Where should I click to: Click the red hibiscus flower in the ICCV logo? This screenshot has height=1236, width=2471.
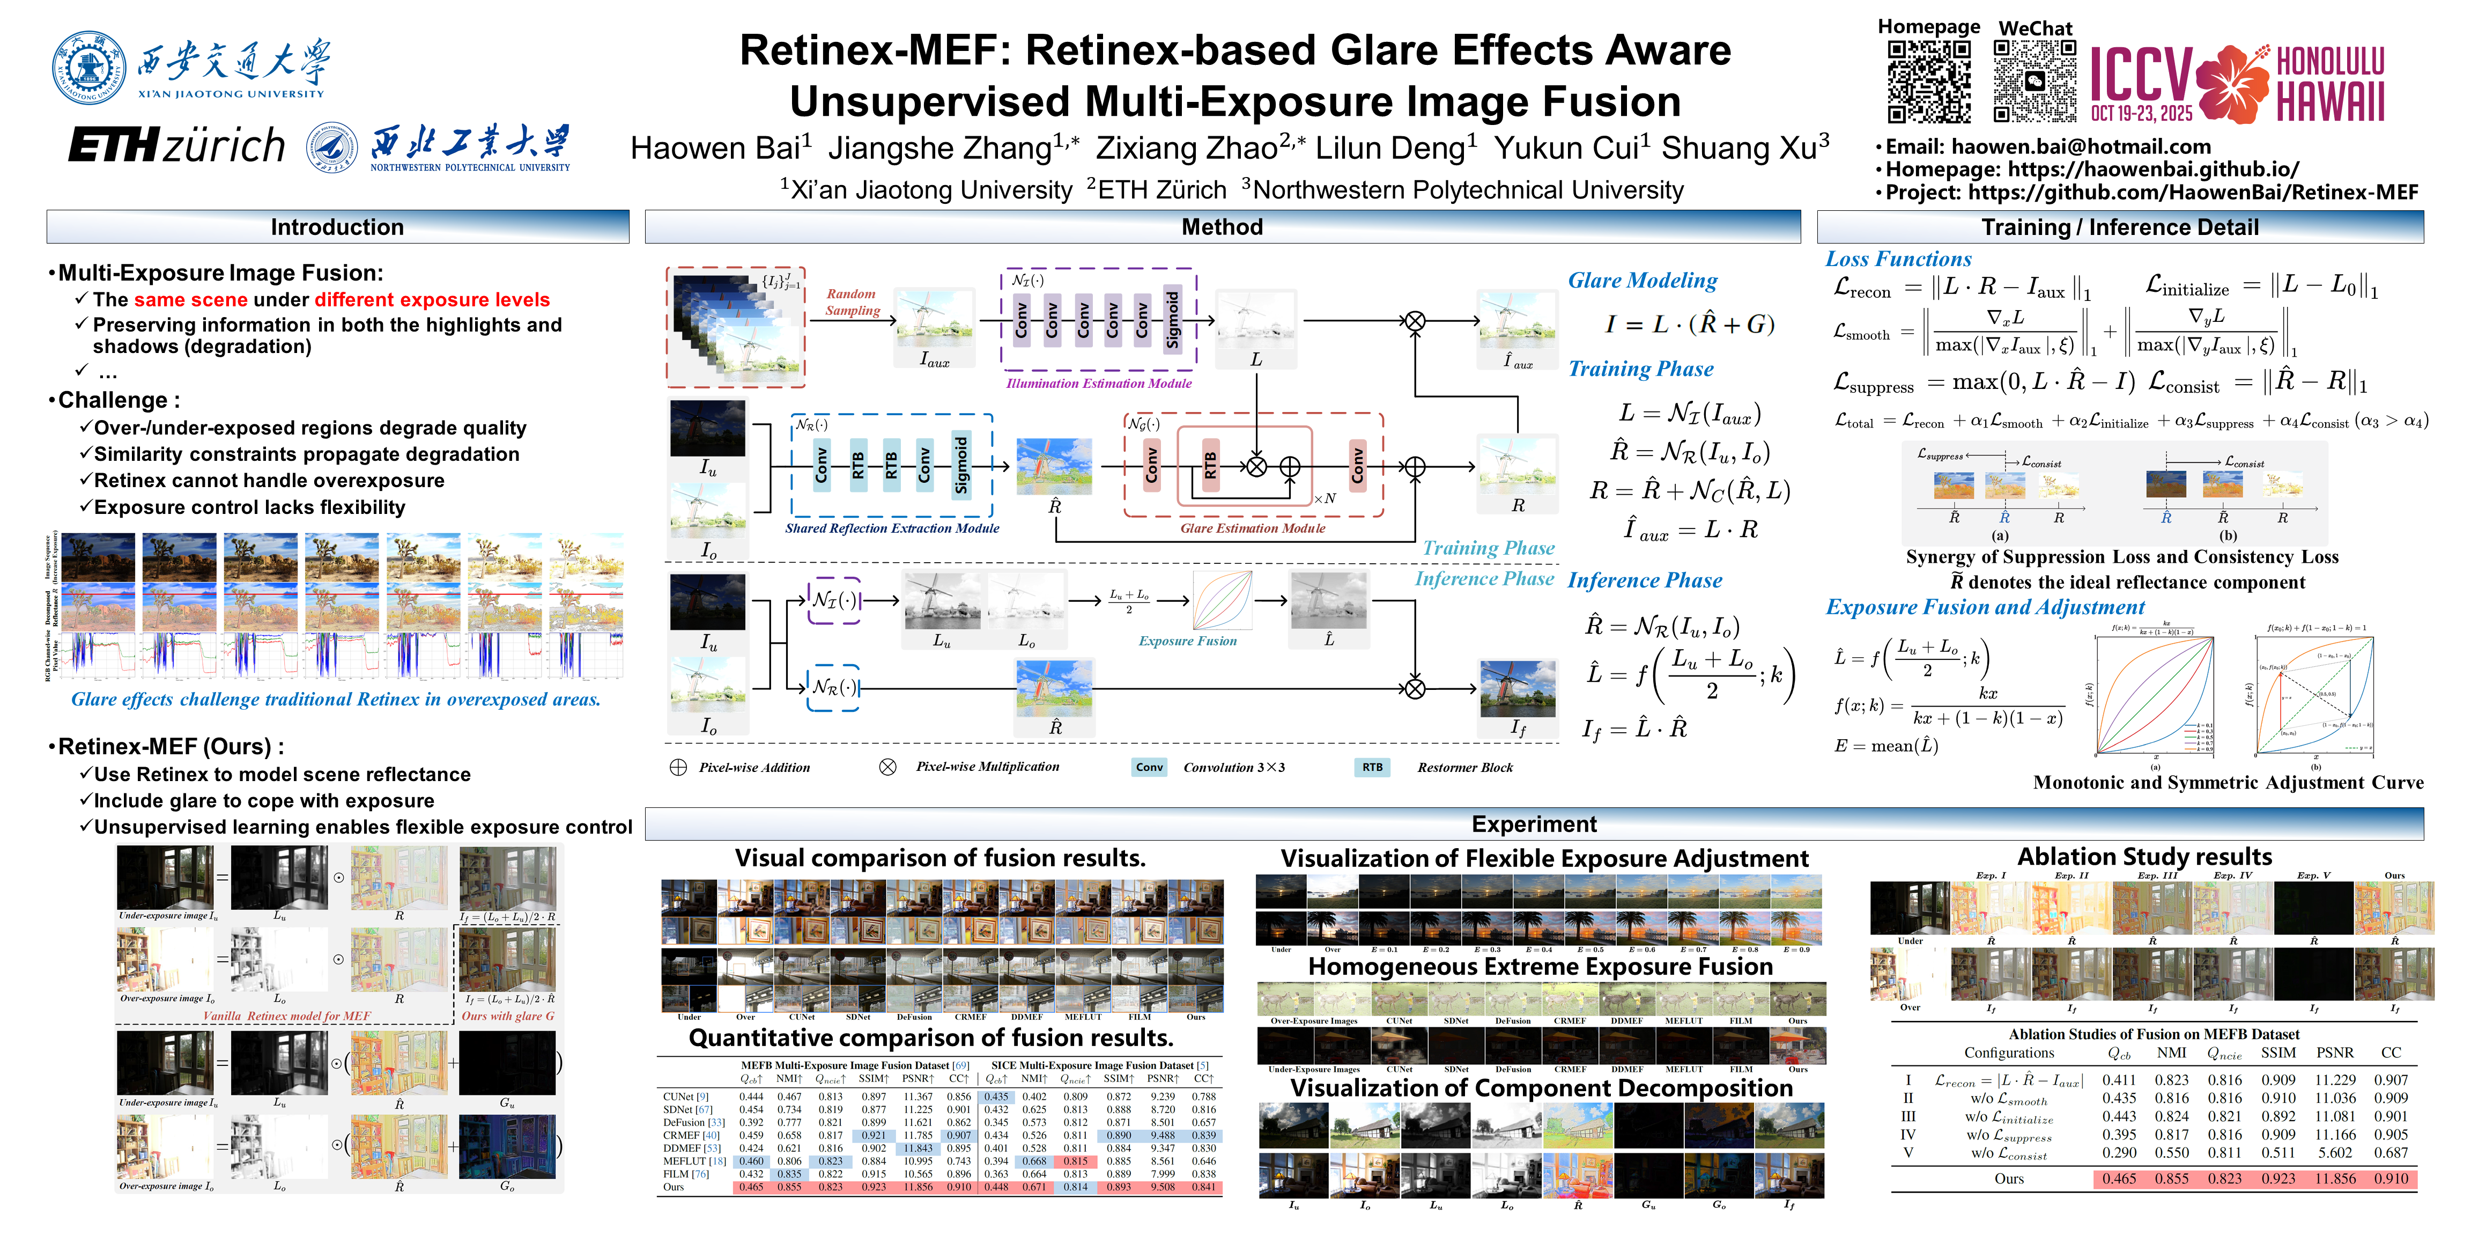click(x=2232, y=84)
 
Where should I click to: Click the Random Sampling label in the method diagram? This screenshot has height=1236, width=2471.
click(x=852, y=301)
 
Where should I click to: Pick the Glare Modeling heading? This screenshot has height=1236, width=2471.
click(x=1642, y=280)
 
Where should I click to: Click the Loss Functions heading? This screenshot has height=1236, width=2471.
click(x=1897, y=259)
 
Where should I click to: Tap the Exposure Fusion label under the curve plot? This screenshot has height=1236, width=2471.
click(x=1188, y=641)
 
